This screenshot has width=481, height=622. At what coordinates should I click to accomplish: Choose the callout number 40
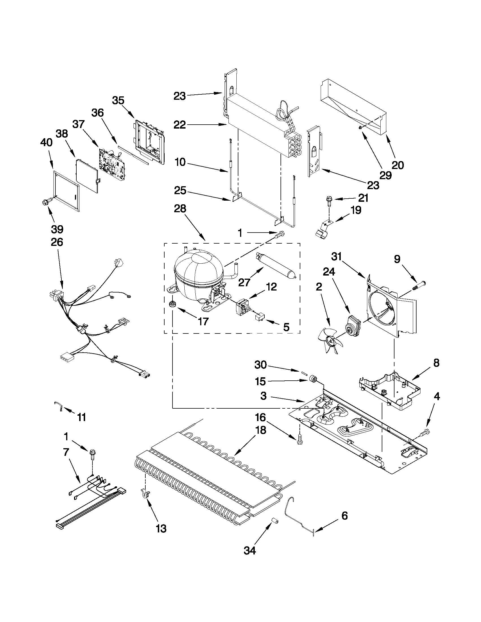[46, 142]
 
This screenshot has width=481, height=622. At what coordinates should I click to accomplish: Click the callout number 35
[118, 100]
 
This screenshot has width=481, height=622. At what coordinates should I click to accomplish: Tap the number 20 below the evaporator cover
[398, 165]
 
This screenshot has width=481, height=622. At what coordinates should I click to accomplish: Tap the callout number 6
[344, 516]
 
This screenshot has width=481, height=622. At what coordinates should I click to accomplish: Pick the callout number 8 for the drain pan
[436, 363]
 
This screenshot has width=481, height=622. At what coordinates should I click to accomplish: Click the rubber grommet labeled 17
[172, 304]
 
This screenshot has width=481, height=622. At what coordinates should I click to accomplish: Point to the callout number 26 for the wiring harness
[57, 242]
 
